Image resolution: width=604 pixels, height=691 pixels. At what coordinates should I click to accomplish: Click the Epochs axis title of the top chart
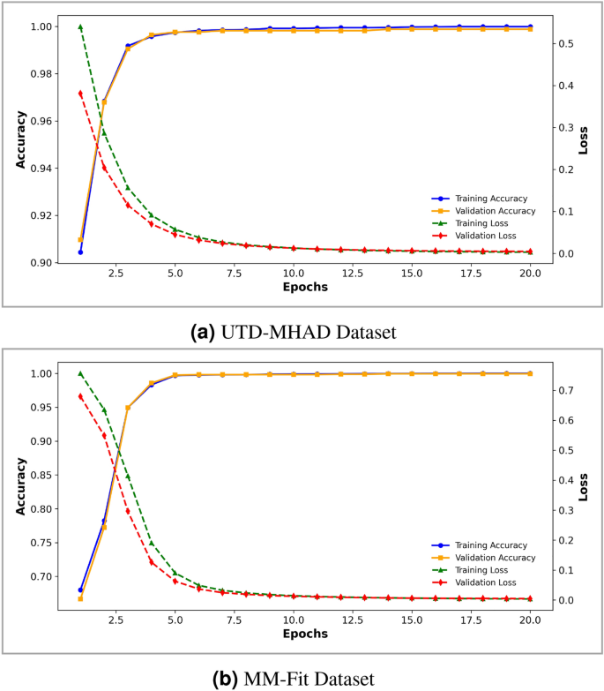[305, 289]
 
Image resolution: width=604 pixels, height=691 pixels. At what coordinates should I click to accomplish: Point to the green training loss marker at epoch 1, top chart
[80, 27]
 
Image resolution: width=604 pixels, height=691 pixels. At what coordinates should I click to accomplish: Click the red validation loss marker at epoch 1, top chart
[80, 94]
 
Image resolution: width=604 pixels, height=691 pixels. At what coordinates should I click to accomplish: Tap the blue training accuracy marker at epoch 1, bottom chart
[80, 590]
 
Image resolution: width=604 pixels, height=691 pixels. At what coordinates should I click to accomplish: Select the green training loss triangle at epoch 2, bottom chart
[104, 410]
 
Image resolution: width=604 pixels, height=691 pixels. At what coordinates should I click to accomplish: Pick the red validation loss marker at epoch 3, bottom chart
[128, 511]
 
